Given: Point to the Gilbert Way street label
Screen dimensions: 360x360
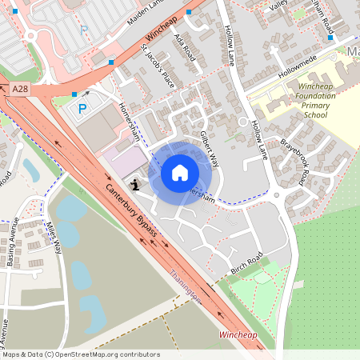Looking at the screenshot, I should tap(209, 147).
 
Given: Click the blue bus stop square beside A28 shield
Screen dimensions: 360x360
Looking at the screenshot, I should tap(74, 94).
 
